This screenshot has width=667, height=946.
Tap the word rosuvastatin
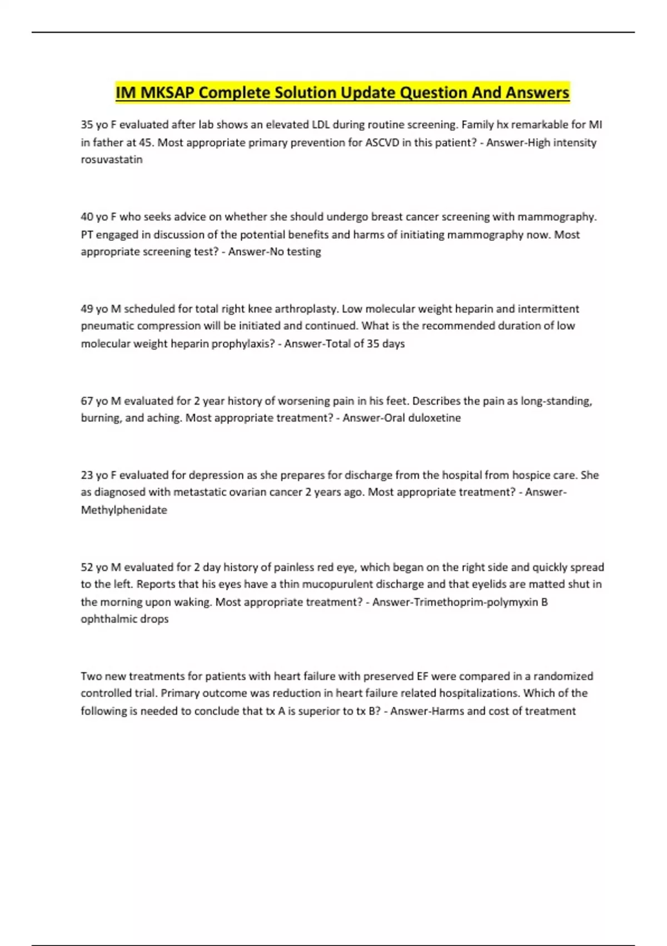tap(112, 160)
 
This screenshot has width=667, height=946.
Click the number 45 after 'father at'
tap(146, 142)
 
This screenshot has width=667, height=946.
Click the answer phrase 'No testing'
tap(295, 252)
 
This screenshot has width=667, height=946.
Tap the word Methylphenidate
tap(124, 510)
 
